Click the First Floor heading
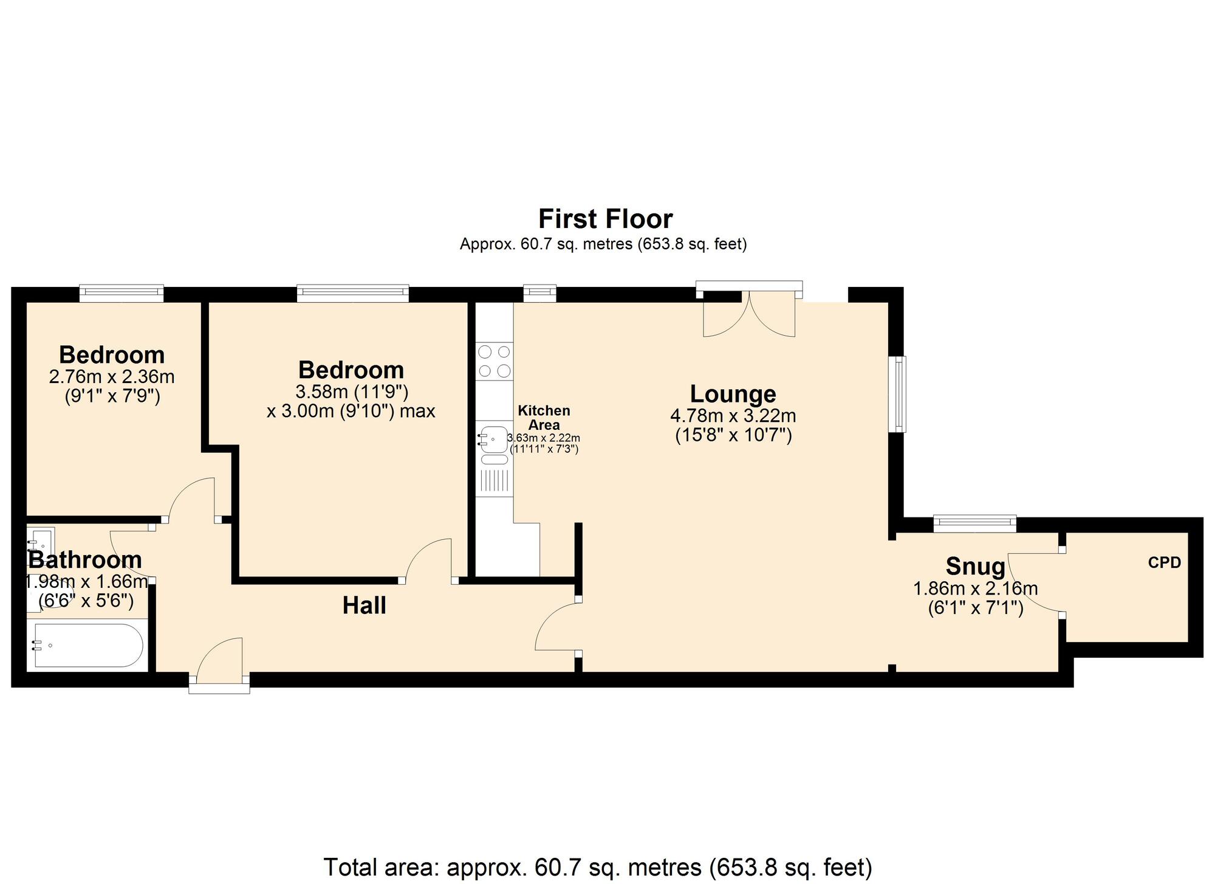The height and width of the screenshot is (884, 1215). [x=605, y=219]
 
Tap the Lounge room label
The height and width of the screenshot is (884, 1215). [x=733, y=394]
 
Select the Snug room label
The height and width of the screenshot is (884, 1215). [x=975, y=567]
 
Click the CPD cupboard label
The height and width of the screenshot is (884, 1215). [x=1164, y=563]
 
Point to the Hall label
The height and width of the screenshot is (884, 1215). [x=364, y=606]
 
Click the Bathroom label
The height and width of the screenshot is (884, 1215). [x=85, y=559]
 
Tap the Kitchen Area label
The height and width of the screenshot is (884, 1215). [x=544, y=418]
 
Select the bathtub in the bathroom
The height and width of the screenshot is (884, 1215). [x=88, y=645]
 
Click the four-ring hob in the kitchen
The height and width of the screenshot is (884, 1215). [x=494, y=361]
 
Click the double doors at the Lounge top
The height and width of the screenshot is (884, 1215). [x=748, y=315]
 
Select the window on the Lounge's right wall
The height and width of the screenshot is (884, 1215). [x=898, y=394]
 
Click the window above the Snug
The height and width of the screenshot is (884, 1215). [x=974, y=523]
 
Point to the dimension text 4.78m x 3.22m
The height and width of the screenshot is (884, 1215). [x=733, y=416]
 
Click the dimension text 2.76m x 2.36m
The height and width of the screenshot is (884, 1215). [x=112, y=377]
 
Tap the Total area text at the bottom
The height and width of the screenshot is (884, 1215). [x=598, y=867]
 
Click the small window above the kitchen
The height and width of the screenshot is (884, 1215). [x=539, y=294]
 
